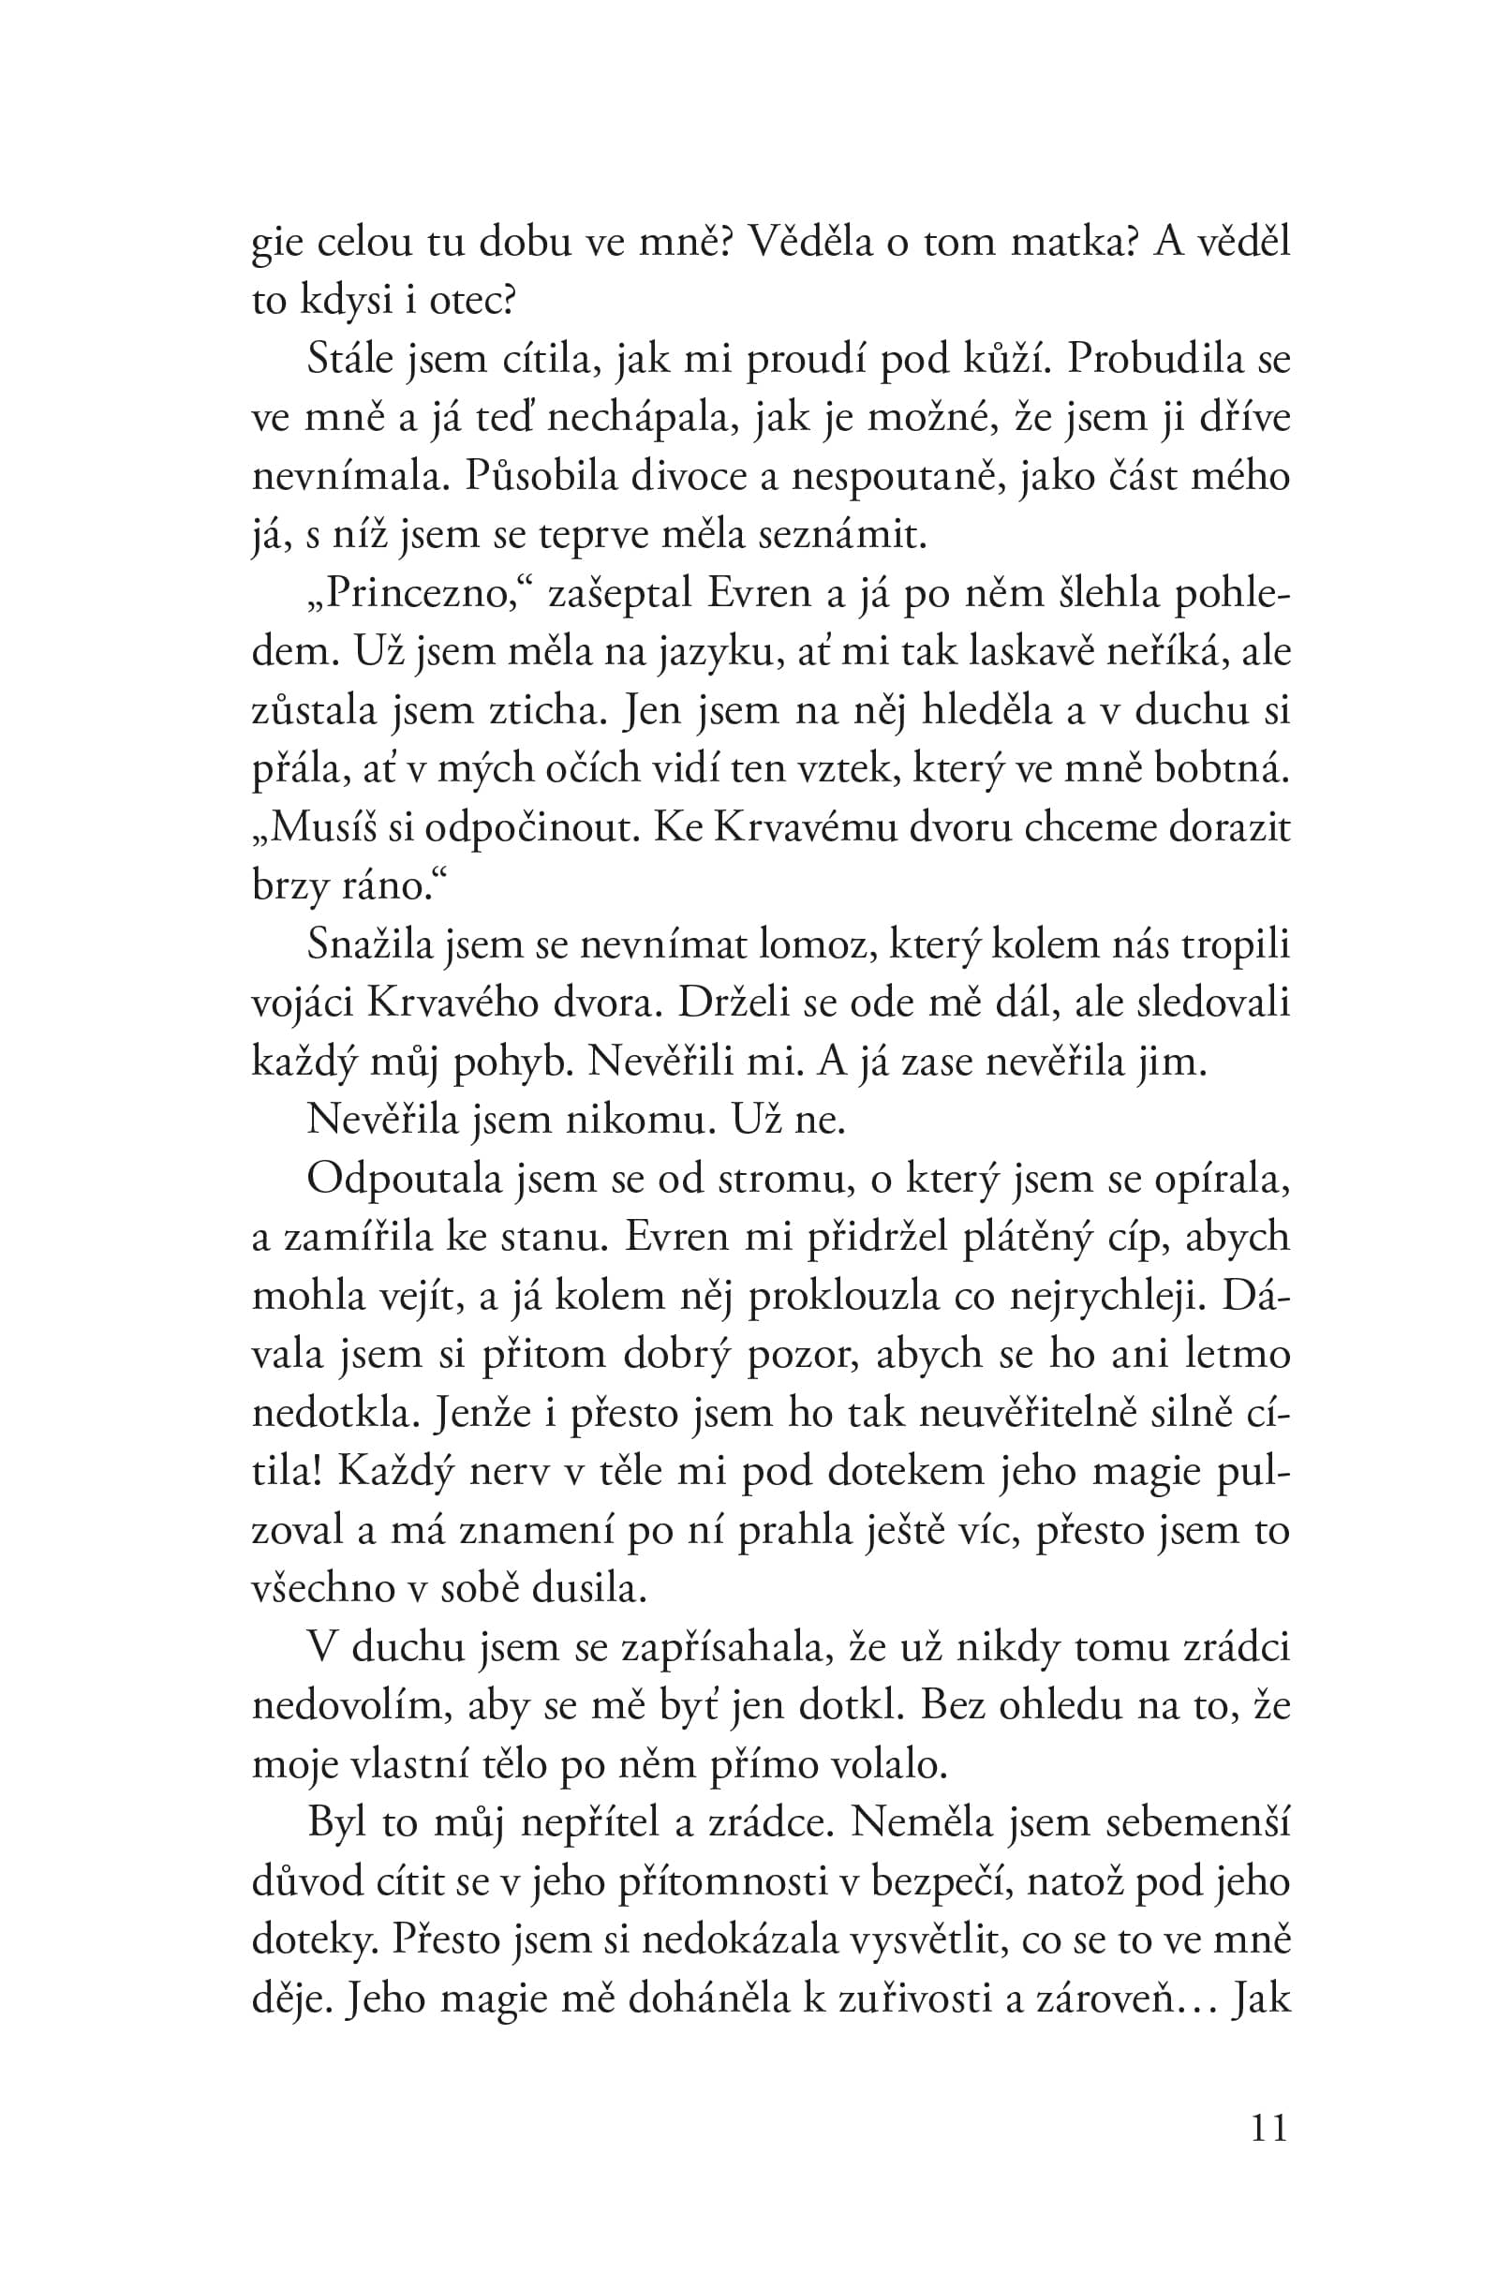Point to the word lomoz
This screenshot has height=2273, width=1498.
(x=817, y=945)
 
